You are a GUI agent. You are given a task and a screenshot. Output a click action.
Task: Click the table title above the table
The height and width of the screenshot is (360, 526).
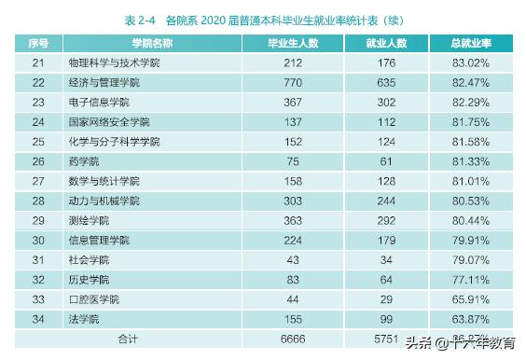(x=263, y=19)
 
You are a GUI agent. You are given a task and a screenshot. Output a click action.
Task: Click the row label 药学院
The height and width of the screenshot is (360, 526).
(x=83, y=161)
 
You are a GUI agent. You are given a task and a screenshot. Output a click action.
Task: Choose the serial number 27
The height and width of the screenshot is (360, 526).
(x=38, y=181)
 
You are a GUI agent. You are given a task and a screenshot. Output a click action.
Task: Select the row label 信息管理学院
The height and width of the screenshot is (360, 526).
(x=99, y=241)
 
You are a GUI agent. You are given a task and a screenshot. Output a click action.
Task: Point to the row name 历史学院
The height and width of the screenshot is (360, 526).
(x=89, y=280)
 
